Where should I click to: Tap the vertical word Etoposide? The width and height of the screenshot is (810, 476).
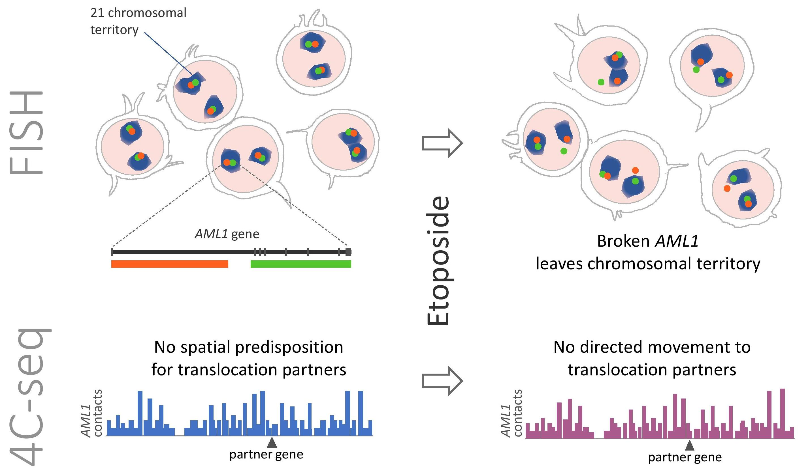click(438, 261)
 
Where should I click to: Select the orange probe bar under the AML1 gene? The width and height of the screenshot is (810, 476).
click(169, 264)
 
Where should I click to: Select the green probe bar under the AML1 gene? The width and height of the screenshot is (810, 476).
click(300, 264)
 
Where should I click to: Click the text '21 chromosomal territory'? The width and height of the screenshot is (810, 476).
click(138, 21)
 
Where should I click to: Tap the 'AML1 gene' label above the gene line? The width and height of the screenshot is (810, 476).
click(227, 234)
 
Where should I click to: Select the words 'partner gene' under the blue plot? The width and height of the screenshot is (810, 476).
click(266, 455)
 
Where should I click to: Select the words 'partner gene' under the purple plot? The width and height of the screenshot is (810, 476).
click(685, 457)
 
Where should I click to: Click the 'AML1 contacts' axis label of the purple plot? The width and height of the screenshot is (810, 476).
click(511, 413)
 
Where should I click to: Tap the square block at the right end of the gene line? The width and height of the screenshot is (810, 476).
click(348, 252)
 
